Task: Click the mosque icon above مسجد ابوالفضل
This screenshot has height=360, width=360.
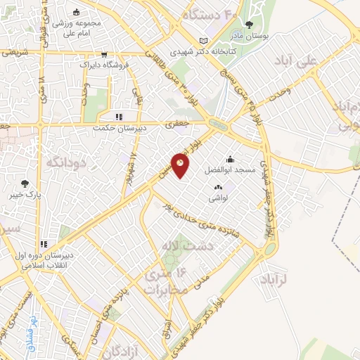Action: (x=230, y=159)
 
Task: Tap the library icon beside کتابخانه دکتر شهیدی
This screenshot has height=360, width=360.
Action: (x=204, y=41)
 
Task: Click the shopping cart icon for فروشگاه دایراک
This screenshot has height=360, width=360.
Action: (x=104, y=53)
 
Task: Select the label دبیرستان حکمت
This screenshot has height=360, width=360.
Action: (x=119, y=129)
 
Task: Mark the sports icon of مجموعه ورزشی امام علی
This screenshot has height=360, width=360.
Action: (x=77, y=12)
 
